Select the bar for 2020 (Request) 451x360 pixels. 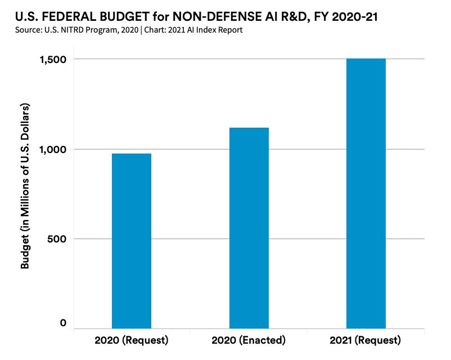[x=132, y=241]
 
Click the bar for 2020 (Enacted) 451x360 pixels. [x=249, y=228]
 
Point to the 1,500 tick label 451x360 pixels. [x=52, y=60]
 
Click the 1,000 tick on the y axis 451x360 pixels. [x=52, y=149]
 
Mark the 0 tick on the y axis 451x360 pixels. [x=64, y=323]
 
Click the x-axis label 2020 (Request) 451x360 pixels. [x=132, y=341]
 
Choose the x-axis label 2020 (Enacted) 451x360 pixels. [x=249, y=341]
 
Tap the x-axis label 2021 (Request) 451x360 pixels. [x=366, y=341]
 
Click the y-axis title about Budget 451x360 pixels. [x=25, y=186]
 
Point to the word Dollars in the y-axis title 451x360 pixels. [x=25, y=121]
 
